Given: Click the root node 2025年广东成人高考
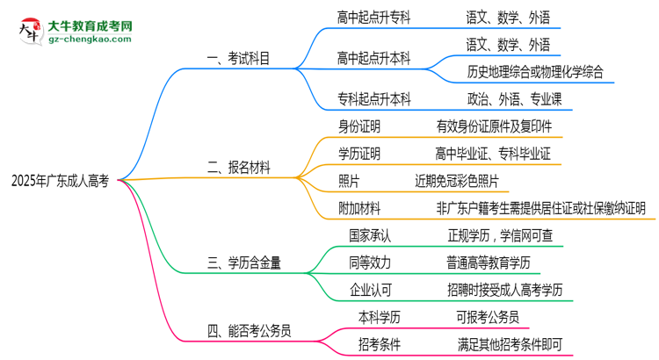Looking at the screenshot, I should [60, 182].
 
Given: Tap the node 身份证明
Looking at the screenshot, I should [358, 126].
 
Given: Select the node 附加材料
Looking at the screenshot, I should [358, 208].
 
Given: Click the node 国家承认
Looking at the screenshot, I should [370, 235].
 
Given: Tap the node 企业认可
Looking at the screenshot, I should [370, 290].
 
